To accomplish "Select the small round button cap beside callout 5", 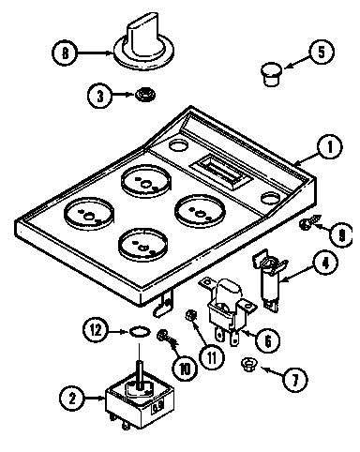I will pos(270,70).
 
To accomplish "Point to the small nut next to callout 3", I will pos(143,94).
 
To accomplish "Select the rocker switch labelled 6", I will pos(228,306).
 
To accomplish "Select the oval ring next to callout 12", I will pos(138,329).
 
